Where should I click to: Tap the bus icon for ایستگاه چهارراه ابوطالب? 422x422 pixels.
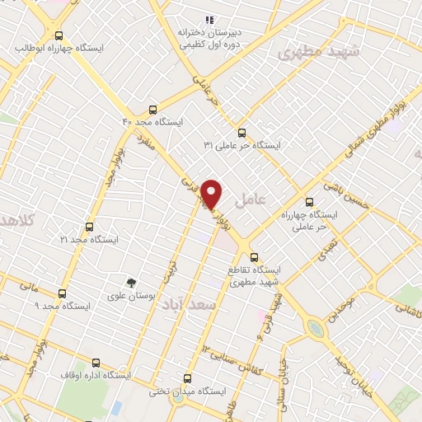coord(58,35)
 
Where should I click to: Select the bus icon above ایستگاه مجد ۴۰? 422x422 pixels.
coord(152,109)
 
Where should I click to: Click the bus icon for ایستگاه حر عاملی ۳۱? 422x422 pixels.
coord(241,132)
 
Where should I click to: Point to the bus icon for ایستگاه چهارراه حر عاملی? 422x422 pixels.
coord(309,201)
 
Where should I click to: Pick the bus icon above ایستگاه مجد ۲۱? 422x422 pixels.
coord(89,227)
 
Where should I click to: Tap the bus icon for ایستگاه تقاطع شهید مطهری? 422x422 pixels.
coord(254,256)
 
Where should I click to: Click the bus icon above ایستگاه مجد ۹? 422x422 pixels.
coord(62,293)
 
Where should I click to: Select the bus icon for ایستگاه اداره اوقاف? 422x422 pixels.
coord(96,362)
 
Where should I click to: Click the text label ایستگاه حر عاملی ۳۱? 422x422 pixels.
coord(243,145)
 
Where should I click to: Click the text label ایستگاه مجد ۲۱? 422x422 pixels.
coord(90,239)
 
